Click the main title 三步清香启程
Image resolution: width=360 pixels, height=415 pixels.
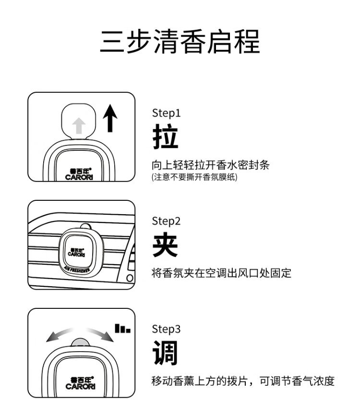pos(180,42)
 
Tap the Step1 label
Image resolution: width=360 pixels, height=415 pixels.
pos(166,113)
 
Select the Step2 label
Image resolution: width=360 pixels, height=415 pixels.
pos(167,221)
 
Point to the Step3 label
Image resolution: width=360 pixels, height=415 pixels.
pos(167,330)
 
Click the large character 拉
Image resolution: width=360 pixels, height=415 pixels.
pos(165,137)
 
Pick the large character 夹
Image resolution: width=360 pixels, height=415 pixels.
pos(165,245)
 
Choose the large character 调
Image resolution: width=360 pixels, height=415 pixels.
pos(165,354)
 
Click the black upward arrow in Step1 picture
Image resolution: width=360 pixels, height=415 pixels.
pos(110,119)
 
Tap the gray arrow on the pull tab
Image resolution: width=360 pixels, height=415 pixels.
pos(79,126)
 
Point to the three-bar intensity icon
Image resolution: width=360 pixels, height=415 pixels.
pos(122,329)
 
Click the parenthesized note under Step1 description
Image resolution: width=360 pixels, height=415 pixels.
pos(194,177)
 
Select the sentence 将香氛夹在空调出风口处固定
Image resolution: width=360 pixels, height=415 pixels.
pos(221,274)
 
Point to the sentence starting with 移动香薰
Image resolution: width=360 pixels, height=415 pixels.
pos(243,382)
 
